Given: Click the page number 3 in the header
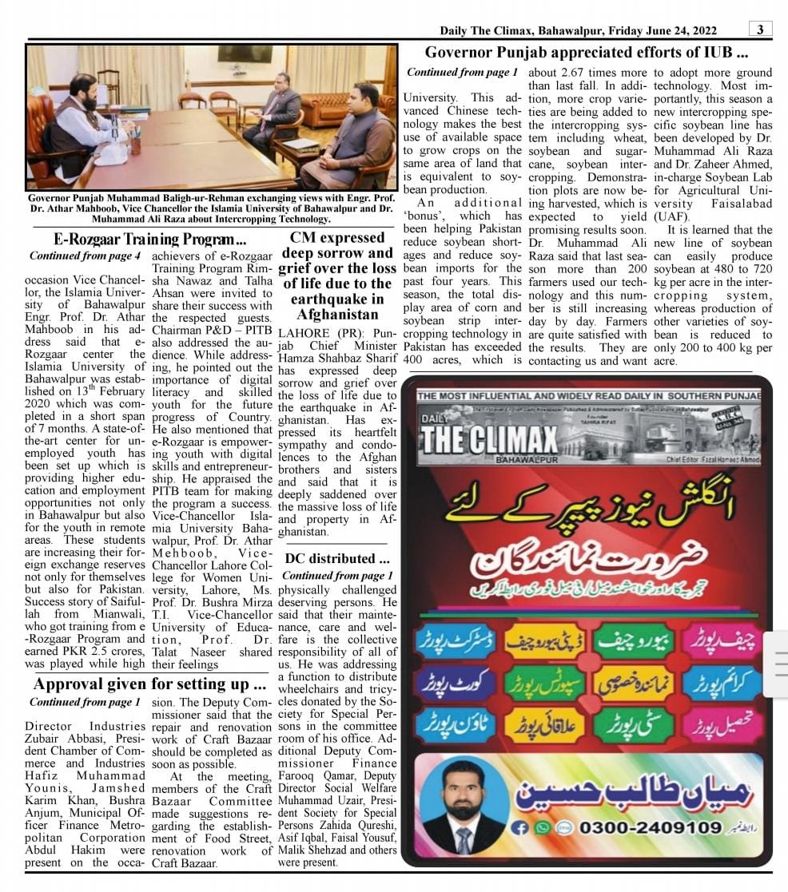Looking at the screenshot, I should [x=760, y=30].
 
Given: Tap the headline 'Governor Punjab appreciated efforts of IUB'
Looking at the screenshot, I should [x=586, y=53].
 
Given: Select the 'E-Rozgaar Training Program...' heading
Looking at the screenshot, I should [x=150, y=238].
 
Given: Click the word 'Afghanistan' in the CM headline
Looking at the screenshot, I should [x=336, y=315].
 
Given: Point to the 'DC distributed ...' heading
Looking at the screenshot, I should [x=337, y=558].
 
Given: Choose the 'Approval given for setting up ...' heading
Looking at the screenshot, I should [x=150, y=684].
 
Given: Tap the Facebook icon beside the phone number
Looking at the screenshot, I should [x=520, y=827].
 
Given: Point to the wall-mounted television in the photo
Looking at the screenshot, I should [x=245, y=54].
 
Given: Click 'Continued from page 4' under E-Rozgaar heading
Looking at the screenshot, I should [x=85, y=256].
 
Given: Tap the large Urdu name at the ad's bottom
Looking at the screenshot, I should [x=631, y=791].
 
